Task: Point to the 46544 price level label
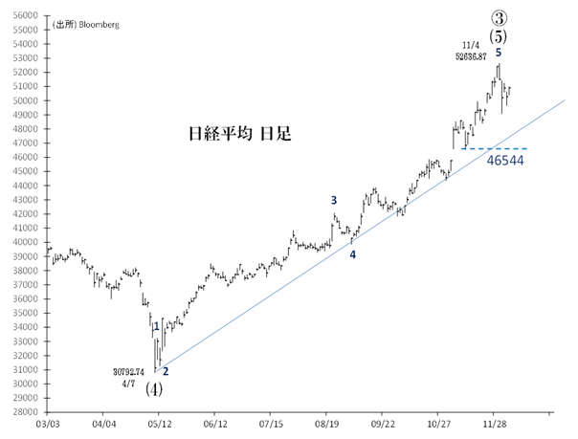(x=503, y=161)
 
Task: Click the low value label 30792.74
(x=127, y=371)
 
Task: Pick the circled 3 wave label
(x=498, y=17)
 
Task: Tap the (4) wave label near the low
(x=154, y=389)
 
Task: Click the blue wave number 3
(x=334, y=200)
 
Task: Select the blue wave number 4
(x=352, y=254)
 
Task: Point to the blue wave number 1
(x=156, y=327)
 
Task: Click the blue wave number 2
(x=165, y=371)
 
